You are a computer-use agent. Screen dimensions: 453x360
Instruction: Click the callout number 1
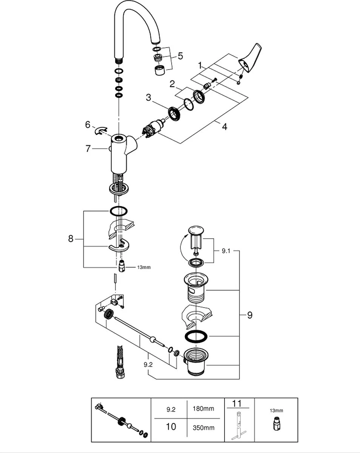tap(200, 65)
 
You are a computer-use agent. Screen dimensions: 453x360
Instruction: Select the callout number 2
tap(172, 84)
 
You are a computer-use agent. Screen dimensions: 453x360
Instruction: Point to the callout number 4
tap(225, 127)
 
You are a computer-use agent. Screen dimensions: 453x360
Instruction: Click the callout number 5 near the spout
tap(180, 56)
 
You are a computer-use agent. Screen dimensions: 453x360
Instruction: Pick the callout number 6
tap(88, 124)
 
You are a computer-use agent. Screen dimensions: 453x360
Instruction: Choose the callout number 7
tap(88, 149)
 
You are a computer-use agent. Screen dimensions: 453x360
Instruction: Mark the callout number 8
tap(71, 239)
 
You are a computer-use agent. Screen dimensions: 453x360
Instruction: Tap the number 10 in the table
tap(171, 427)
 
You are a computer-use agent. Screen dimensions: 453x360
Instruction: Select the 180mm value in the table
tap(203, 409)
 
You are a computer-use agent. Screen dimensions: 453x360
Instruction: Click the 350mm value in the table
tap(203, 427)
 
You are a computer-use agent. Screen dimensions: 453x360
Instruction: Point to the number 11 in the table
tap(237, 404)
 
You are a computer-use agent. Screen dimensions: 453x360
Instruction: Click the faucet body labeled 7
tap(119, 155)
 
